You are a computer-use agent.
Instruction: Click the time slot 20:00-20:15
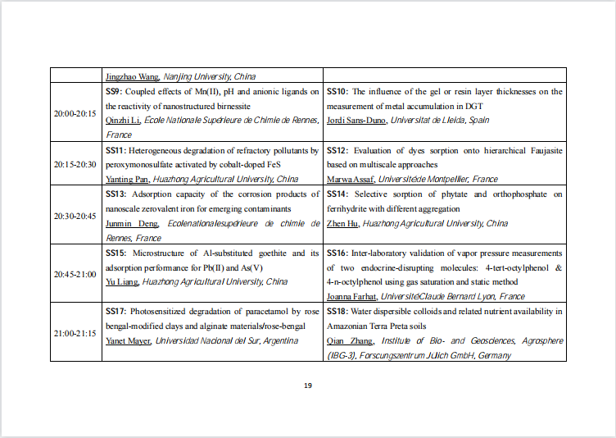pyautogui.click(x=75, y=112)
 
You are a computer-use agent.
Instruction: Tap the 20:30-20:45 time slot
pyautogui.click(x=75, y=215)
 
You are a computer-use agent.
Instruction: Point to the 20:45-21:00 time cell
pyautogui.click(x=75, y=273)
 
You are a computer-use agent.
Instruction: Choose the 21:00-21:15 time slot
pyautogui.click(x=75, y=332)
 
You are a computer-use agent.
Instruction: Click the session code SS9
pyautogui.click(x=114, y=91)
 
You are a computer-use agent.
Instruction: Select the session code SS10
pyautogui.click(x=337, y=91)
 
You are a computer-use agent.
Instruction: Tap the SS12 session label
pyautogui.click(x=337, y=150)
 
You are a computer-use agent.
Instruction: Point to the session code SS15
pyautogui.click(x=115, y=253)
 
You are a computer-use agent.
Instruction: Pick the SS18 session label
pyautogui.click(x=337, y=312)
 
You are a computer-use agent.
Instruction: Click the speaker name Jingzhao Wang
pyautogui.click(x=132, y=76)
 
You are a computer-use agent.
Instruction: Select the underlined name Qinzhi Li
pyautogui.click(x=123, y=121)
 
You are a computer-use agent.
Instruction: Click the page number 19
pyautogui.click(x=308, y=386)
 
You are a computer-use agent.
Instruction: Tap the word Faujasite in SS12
pyautogui.click(x=543, y=150)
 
